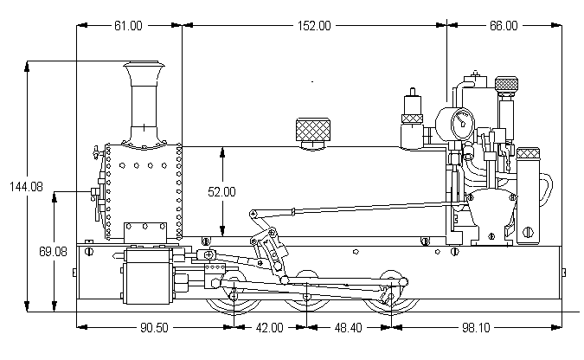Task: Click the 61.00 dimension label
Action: click(x=128, y=26)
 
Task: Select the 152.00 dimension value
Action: click(x=313, y=26)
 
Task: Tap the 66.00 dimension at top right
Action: click(x=503, y=26)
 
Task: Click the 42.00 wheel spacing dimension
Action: click(x=270, y=328)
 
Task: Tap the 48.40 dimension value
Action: click(x=350, y=328)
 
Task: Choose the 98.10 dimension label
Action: click(x=475, y=328)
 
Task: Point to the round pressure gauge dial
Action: click(x=459, y=119)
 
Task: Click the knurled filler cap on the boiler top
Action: click(x=314, y=132)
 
